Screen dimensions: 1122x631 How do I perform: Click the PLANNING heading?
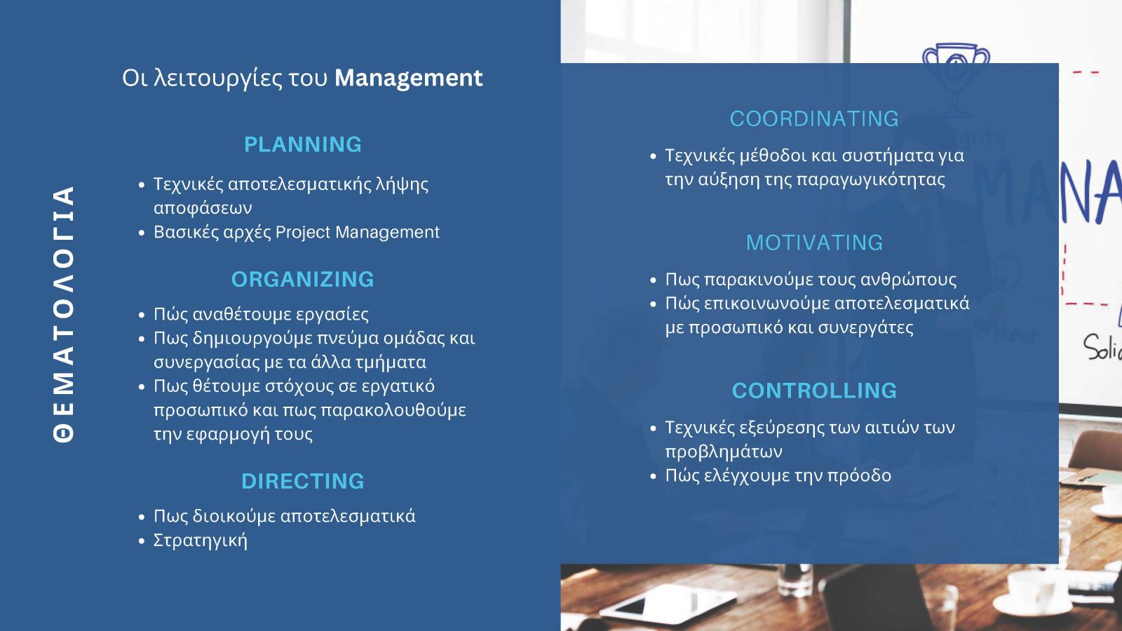pyautogui.click(x=302, y=144)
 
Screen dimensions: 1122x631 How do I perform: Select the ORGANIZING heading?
pyautogui.click(x=302, y=280)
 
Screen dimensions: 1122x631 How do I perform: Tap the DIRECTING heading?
pyautogui.click(x=302, y=481)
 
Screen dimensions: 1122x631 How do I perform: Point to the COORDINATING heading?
pyautogui.click(x=814, y=118)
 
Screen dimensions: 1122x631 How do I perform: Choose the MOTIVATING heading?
pyautogui.click(x=814, y=243)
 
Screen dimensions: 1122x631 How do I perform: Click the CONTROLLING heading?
pyautogui.click(x=814, y=391)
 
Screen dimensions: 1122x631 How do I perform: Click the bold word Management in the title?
pyautogui.click(x=408, y=79)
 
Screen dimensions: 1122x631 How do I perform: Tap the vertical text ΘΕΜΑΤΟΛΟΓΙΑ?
pyautogui.click(x=64, y=314)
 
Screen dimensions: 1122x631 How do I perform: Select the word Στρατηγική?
pyautogui.click(x=200, y=541)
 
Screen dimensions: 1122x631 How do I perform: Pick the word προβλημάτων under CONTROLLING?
pyautogui.click(x=723, y=452)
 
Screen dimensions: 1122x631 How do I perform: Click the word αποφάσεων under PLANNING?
pyautogui.click(x=203, y=208)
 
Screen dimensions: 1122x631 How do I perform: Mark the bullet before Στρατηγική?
pyautogui.click(x=141, y=541)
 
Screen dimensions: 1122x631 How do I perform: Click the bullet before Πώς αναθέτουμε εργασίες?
pyautogui.click(x=141, y=315)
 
